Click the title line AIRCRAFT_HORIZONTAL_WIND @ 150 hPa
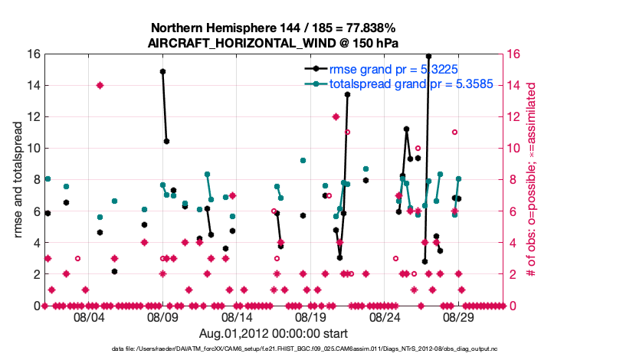coord(273,42)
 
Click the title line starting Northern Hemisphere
coord(273,27)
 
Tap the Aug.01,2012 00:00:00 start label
coord(273,333)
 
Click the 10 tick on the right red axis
coord(514,148)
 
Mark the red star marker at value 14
coord(100,85)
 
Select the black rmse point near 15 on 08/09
coord(162,71)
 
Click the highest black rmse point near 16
coord(428,56)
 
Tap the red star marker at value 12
coord(336,116)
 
